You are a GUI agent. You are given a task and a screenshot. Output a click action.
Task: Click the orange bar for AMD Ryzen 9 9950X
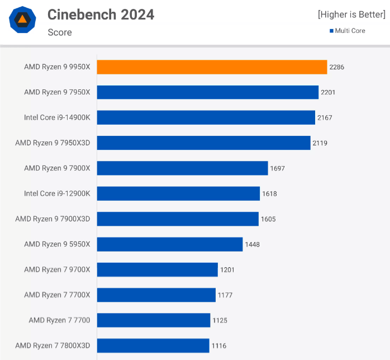[212, 67]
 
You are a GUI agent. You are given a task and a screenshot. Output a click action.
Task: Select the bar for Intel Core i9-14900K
[206, 117]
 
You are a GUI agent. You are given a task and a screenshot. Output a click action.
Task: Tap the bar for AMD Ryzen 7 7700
[154, 320]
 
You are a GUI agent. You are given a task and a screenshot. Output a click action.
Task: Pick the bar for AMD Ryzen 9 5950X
[170, 244]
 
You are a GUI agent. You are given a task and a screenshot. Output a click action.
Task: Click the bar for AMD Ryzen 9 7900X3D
[178, 219]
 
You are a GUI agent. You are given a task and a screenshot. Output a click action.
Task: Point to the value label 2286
[337, 67]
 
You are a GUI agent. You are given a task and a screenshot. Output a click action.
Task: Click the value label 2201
[328, 92]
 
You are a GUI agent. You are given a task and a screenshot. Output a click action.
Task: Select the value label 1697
[277, 168]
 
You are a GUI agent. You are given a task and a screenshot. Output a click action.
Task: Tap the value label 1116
[219, 346]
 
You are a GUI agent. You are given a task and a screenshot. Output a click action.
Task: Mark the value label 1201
[227, 270]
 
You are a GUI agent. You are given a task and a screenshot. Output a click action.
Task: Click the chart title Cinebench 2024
[101, 14]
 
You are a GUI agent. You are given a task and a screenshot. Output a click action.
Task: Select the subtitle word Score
[60, 32]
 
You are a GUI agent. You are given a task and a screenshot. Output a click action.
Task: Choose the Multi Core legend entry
[347, 31]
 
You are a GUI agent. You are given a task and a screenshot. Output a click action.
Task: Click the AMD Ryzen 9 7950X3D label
[53, 143]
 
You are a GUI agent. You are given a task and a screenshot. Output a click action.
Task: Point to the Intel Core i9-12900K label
[57, 193]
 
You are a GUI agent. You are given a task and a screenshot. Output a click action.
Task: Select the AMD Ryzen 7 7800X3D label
[53, 345]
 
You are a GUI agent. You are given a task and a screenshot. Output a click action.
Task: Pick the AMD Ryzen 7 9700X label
[57, 269]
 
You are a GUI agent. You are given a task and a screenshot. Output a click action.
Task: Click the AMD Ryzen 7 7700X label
[57, 295]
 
